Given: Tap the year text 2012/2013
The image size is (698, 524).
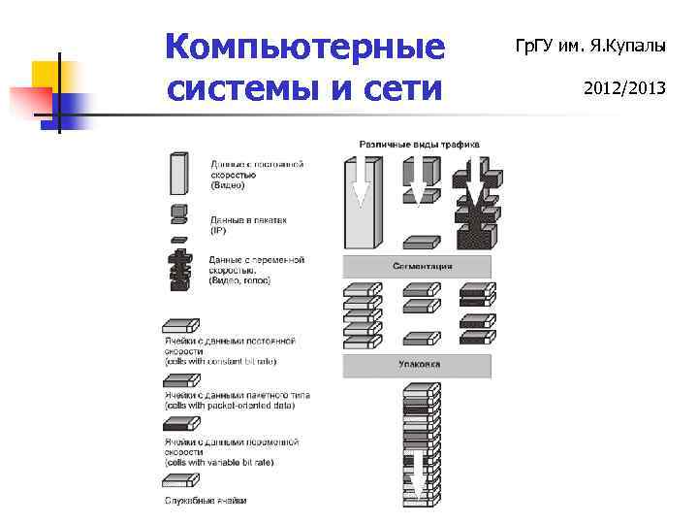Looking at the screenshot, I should point(624,88).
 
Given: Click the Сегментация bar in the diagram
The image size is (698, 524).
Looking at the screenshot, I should point(417,266).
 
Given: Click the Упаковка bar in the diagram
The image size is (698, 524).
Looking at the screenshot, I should point(417,365).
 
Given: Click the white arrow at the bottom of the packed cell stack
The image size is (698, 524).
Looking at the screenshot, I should point(416,475).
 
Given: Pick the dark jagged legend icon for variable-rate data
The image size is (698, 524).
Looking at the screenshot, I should point(179,269).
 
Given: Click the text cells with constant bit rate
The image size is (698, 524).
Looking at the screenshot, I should point(220,360).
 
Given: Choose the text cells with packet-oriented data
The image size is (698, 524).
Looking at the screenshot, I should point(229,405).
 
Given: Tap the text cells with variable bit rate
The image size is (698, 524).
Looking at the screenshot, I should point(219,462).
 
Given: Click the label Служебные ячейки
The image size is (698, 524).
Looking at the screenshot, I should point(205,501).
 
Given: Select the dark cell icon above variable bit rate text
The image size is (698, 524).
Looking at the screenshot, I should point(180,424).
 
